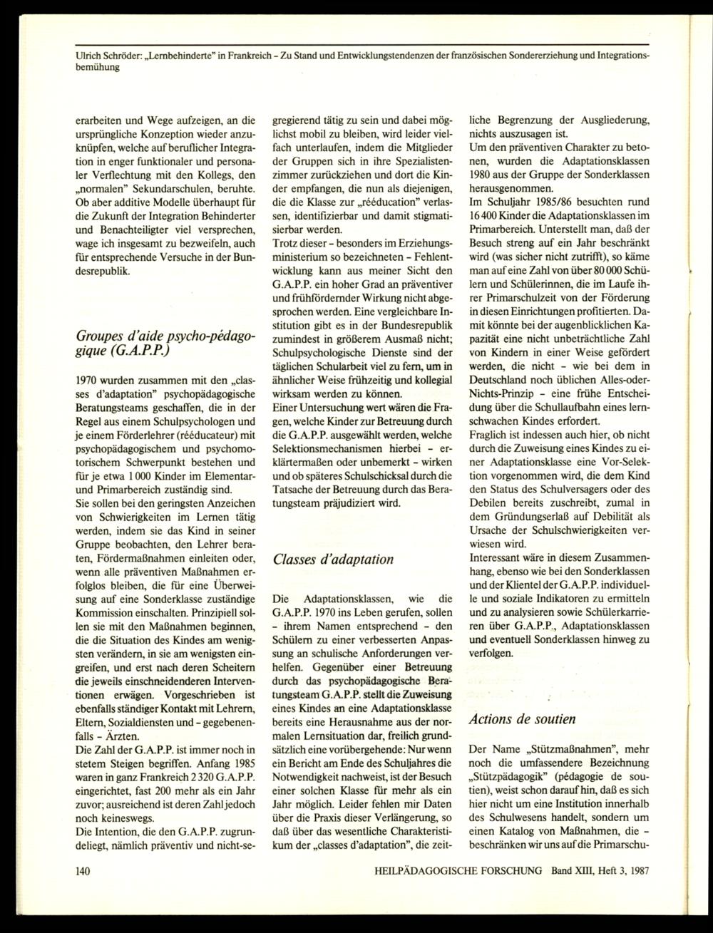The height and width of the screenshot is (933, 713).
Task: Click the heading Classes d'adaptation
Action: click(333, 559)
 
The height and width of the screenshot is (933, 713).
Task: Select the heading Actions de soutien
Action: click(523, 718)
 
